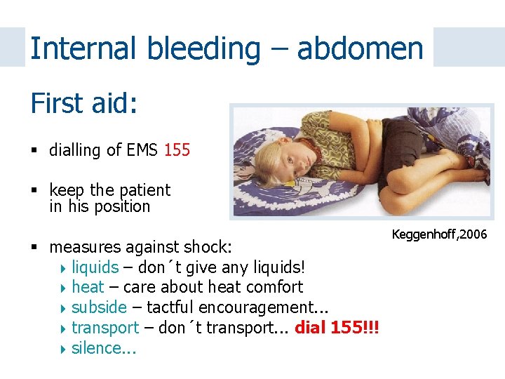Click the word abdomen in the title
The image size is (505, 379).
click(360, 49)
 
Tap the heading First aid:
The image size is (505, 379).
click(83, 104)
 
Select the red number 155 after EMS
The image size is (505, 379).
click(177, 150)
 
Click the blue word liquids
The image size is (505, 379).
click(95, 267)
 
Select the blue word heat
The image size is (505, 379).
click(88, 287)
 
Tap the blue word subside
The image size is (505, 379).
click(99, 307)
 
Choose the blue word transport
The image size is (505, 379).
click(105, 328)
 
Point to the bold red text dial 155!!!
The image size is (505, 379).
click(337, 328)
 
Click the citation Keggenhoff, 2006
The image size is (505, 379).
click(439, 234)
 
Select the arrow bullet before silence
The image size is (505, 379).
click(65, 349)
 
